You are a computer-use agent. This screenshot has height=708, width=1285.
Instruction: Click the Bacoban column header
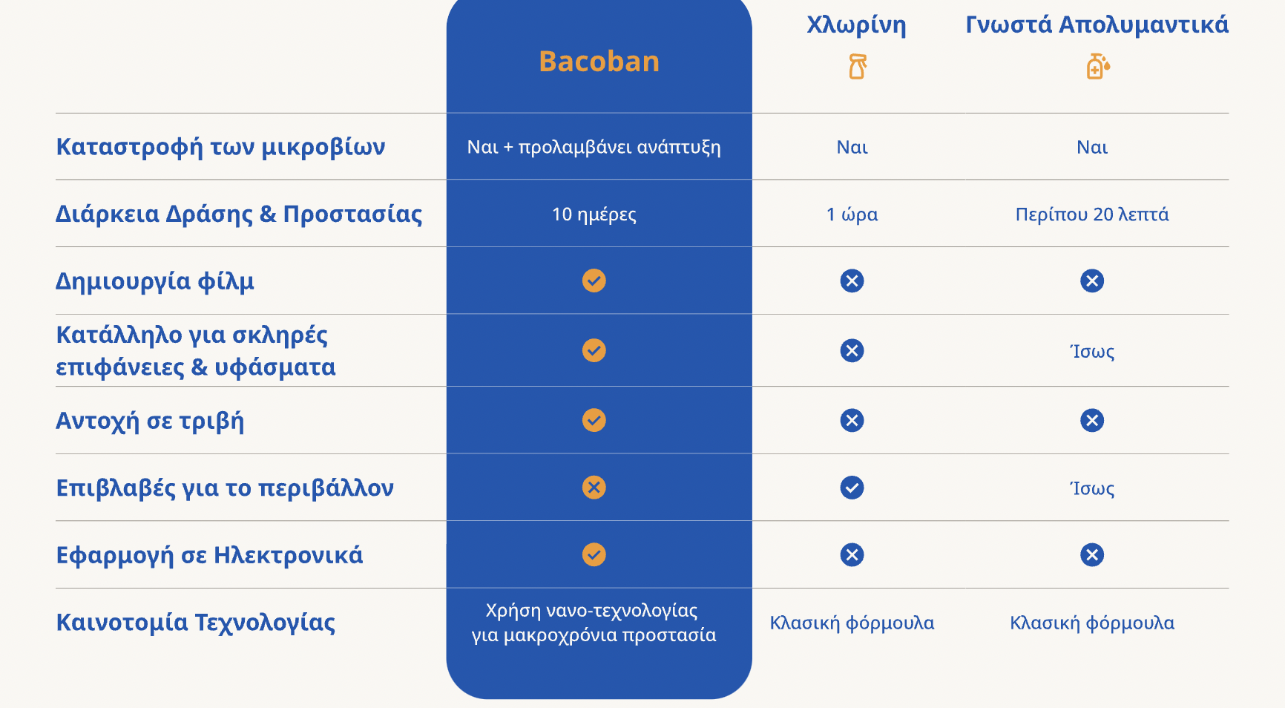click(x=599, y=61)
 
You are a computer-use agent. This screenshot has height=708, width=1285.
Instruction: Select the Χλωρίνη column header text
click(x=856, y=25)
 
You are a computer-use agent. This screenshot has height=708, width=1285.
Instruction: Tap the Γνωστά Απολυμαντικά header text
click(x=1097, y=24)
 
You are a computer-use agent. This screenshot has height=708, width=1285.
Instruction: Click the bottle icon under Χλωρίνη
click(x=858, y=67)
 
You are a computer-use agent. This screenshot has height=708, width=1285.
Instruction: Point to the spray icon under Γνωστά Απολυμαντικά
click(x=1098, y=67)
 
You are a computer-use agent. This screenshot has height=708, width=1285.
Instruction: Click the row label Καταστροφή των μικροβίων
click(x=220, y=146)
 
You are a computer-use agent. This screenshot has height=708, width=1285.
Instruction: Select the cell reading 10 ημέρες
click(x=594, y=214)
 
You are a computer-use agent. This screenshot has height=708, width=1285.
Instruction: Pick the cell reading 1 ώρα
click(x=852, y=214)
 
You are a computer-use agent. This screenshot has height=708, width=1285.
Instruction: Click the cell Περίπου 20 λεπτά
click(x=1092, y=214)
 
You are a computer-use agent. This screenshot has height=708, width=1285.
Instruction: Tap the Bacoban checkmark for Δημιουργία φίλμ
click(x=594, y=281)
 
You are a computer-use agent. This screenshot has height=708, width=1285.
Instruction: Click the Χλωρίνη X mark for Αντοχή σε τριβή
click(x=852, y=421)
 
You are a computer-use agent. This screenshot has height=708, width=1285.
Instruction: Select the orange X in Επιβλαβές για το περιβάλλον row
click(x=594, y=488)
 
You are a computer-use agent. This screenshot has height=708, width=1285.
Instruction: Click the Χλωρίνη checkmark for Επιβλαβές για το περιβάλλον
click(x=852, y=488)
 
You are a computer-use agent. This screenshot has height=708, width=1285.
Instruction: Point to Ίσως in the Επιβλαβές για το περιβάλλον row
click(x=1092, y=488)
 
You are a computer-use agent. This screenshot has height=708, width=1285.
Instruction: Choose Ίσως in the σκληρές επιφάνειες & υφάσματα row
click(x=1092, y=351)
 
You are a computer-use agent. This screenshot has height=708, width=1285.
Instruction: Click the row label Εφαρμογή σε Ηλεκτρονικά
click(x=209, y=555)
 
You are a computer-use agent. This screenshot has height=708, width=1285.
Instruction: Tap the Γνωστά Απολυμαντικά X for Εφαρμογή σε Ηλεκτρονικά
click(x=1092, y=555)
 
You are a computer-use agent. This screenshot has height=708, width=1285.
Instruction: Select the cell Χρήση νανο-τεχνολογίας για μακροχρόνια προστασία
click(x=594, y=623)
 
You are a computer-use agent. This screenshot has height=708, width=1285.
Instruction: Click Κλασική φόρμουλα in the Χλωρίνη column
click(x=852, y=623)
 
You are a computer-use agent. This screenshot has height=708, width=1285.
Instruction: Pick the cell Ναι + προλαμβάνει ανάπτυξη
click(x=594, y=147)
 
